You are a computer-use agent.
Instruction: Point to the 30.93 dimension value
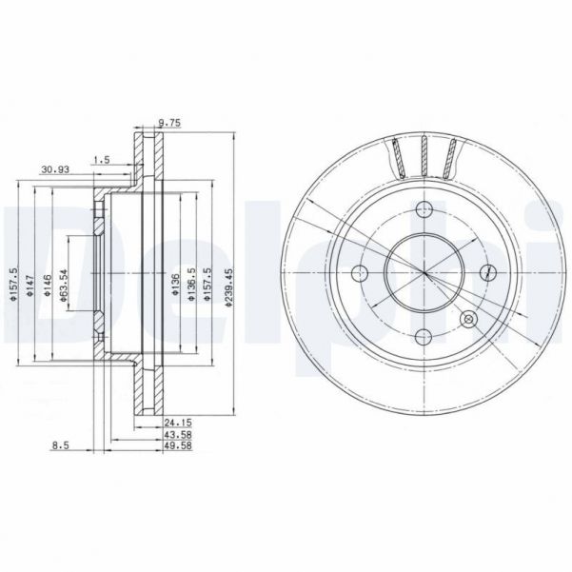coord(54,170)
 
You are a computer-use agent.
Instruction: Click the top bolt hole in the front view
coord(424,210)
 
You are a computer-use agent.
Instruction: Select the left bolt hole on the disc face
coord(360,274)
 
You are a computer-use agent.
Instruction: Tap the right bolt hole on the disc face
coord(488,272)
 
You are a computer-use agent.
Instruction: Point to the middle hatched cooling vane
coord(422,155)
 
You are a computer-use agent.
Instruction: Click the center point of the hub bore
coord(424,274)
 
